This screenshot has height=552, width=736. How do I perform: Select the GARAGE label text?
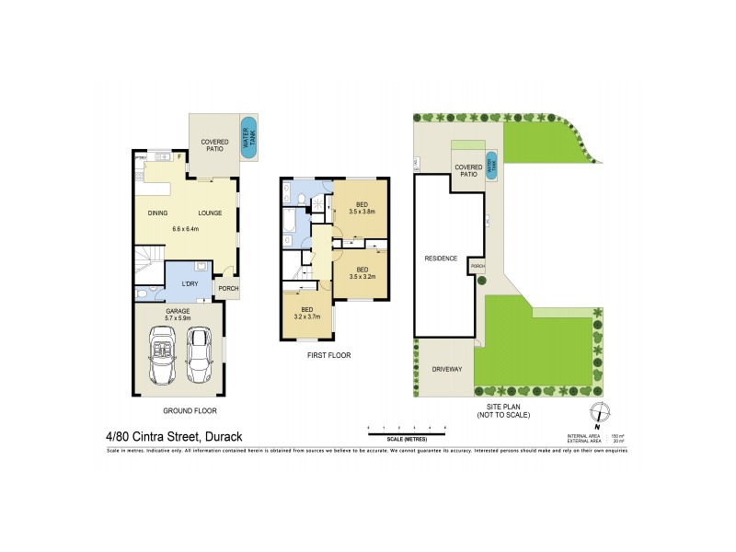coord(178,311)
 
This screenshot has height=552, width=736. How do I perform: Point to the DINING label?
coord(157,213)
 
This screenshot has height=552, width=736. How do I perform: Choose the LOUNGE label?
coord(210,213)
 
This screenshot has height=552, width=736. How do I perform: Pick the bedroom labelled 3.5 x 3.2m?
coord(353,271)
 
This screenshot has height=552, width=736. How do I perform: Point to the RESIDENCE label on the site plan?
coord(441,259)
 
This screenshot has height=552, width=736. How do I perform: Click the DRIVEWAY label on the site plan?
coord(446,370)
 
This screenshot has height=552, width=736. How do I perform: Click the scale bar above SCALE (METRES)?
coord(406,430)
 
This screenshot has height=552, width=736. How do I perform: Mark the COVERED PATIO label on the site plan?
coord(467,170)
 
